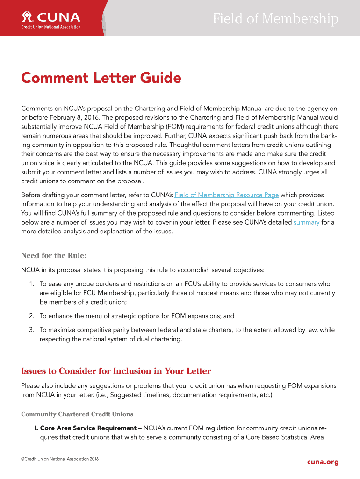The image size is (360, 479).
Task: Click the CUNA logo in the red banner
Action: [51, 18]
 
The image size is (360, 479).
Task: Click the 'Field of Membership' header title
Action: [275, 19]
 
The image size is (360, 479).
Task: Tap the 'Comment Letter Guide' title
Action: [101, 78]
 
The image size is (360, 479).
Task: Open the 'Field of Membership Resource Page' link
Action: [226, 195]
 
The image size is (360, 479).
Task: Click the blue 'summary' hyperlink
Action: [306, 222]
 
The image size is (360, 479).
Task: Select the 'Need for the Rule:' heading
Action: [54, 255]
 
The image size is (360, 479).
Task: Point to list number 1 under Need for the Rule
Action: [31, 284]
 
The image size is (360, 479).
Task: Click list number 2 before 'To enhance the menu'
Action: [31, 316]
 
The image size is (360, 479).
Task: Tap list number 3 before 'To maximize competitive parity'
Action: [31, 330]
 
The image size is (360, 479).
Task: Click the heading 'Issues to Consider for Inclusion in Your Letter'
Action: [116, 371]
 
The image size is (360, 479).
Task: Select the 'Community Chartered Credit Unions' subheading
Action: [77, 414]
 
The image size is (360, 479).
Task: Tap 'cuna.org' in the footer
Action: [323, 462]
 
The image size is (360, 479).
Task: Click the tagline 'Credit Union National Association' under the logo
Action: [51, 27]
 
